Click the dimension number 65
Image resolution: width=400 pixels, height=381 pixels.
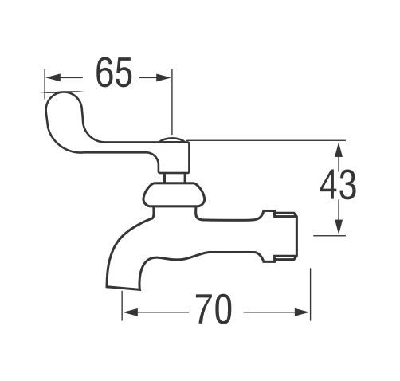(x=114, y=73)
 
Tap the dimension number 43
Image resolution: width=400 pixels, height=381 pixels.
(x=338, y=185)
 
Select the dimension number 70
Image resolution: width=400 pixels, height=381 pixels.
(x=214, y=308)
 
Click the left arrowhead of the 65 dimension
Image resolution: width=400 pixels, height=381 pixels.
(x=52, y=77)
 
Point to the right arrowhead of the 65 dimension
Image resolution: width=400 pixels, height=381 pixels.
(x=163, y=77)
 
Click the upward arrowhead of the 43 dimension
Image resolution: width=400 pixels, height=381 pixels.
(x=339, y=150)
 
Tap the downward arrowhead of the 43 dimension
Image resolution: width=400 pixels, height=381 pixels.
(x=339, y=227)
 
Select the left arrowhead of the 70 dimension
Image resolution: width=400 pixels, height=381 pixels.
(x=131, y=312)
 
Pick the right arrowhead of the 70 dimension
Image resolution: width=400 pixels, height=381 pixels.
(x=302, y=312)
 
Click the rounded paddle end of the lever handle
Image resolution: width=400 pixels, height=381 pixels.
(x=64, y=109)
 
